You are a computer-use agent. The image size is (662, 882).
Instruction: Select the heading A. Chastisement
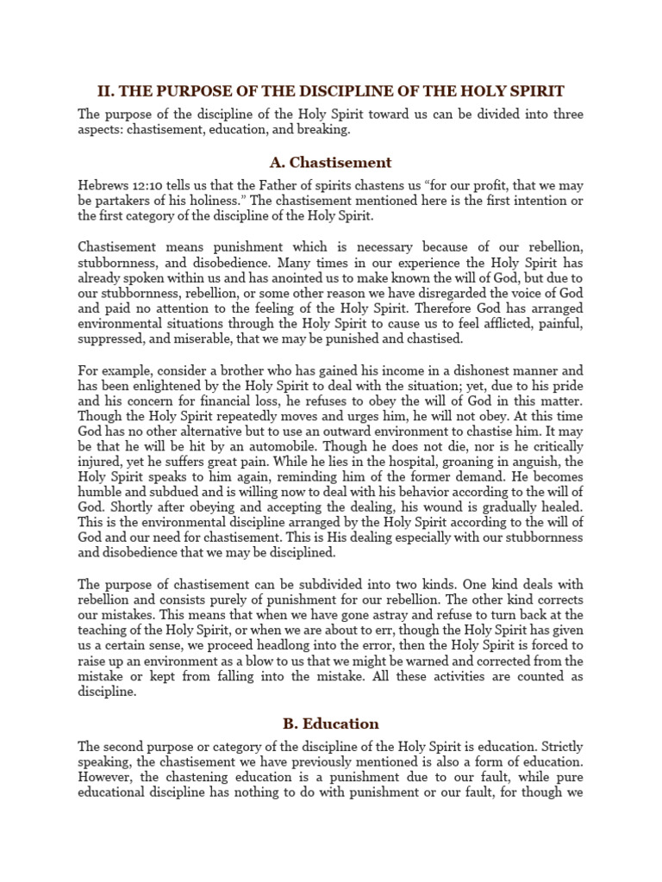pyautogui.click(x=330, y=162)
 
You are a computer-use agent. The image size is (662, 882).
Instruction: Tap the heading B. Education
pyautogui.click(x=330, y=724)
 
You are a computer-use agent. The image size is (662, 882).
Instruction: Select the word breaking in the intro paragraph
pyautogui.click(x=324, y=128)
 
